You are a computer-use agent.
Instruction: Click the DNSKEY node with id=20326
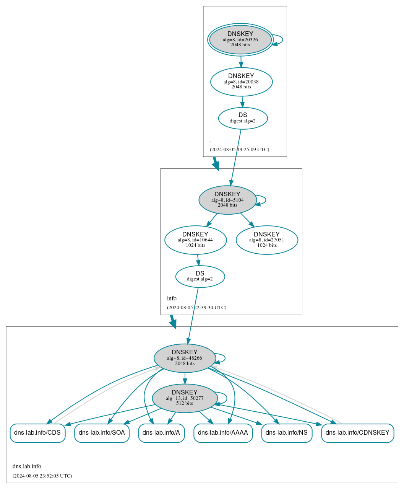240,39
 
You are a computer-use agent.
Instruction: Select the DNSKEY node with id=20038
241,81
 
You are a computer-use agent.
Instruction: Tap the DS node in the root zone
243,118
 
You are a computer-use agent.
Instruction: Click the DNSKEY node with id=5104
227,200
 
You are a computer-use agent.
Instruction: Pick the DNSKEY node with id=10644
195,240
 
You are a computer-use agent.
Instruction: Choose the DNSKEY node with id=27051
267,240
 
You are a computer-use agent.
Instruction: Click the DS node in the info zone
200,276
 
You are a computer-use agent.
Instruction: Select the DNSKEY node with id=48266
185,358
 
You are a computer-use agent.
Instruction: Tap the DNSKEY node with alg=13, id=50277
185,398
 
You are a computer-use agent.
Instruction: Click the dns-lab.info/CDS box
37,433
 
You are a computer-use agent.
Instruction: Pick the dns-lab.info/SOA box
102,433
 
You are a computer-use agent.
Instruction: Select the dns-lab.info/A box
161,433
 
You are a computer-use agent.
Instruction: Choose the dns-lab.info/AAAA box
223,433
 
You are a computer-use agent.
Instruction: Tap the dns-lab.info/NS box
287,433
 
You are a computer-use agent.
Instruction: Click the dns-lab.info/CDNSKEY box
357,433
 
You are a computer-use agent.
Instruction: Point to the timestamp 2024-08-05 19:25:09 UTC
239,149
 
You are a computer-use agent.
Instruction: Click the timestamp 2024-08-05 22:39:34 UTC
196,307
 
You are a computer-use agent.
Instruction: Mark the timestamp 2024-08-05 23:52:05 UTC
42,476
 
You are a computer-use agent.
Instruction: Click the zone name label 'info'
172,298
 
